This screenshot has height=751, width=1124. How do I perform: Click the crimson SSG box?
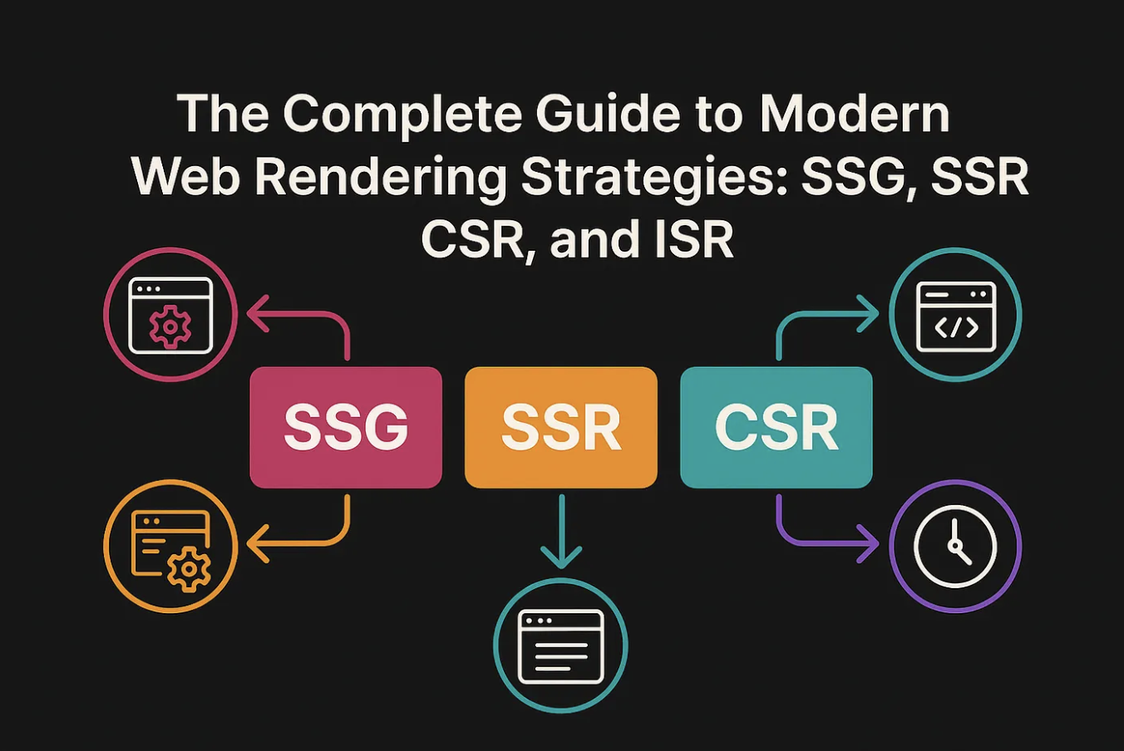tap(346, 427)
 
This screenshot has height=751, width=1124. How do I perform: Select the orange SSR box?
tap(561, 427)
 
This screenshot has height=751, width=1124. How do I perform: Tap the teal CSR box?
tap(776, 427)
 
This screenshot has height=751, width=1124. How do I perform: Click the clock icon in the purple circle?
tap(955, 547)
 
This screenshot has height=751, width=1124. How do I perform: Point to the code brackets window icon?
tap(955, 316)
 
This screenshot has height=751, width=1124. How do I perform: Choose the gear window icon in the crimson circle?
tap(170, 316)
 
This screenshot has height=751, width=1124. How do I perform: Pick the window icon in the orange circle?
tap(170, 547)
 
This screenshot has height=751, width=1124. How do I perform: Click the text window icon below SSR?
tap(560, 646)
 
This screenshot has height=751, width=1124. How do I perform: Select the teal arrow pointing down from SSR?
tap(561, 532)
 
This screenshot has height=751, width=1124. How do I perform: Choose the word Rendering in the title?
tap(381, 177)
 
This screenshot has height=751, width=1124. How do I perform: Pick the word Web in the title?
tap(186, 177)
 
